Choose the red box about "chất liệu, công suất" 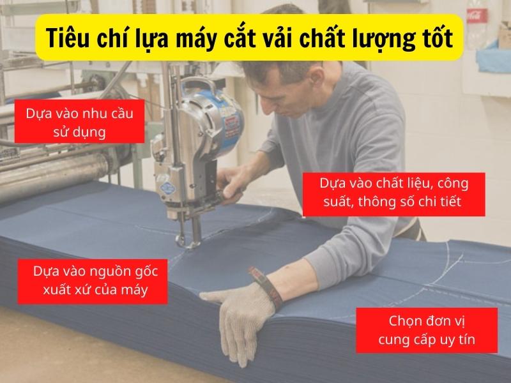tap(393, 193)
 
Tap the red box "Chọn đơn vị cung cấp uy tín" tap(427, 330)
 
